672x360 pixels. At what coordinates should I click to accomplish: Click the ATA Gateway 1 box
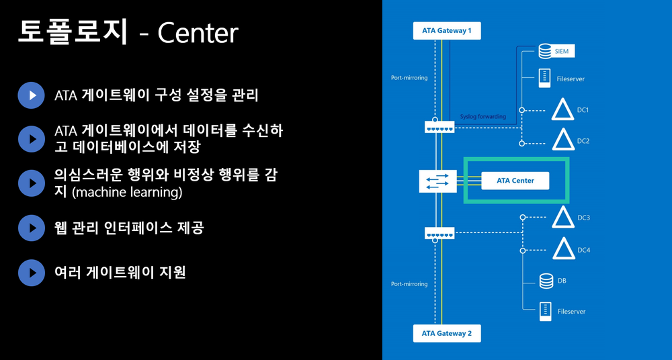coord(447,31)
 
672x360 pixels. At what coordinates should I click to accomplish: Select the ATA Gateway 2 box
coord(447,333)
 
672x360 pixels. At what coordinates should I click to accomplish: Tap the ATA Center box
coord(515,180)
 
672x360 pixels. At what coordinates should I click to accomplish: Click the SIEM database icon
coord(545,51)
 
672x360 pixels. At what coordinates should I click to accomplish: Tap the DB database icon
coord(545,280)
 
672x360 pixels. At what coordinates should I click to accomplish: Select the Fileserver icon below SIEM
coord(545,78)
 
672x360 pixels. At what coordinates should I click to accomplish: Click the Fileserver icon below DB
coord(545,311)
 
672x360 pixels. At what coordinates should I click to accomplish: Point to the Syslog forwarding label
coord(482,116)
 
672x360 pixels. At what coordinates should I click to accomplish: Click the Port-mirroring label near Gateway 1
coord(409,78)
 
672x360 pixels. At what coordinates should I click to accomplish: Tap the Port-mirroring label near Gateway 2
coord(409,284)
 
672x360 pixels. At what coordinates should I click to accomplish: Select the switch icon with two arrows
coord(437,180)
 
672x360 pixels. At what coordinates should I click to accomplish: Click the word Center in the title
coord(198,33)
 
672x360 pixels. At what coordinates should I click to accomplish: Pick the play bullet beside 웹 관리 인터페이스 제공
coord(31,228)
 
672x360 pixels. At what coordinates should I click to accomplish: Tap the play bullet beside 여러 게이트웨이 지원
coord(31,272)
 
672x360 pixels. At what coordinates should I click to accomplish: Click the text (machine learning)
coord(127,193)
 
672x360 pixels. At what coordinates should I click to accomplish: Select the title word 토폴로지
coord(72,32)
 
